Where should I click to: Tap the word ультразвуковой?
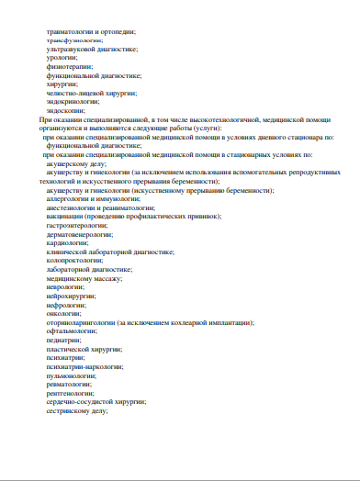70,49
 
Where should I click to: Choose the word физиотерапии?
65,66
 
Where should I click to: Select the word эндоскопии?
63,110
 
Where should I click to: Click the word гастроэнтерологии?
73,225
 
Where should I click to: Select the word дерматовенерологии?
75,234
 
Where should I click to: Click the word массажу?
106,277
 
